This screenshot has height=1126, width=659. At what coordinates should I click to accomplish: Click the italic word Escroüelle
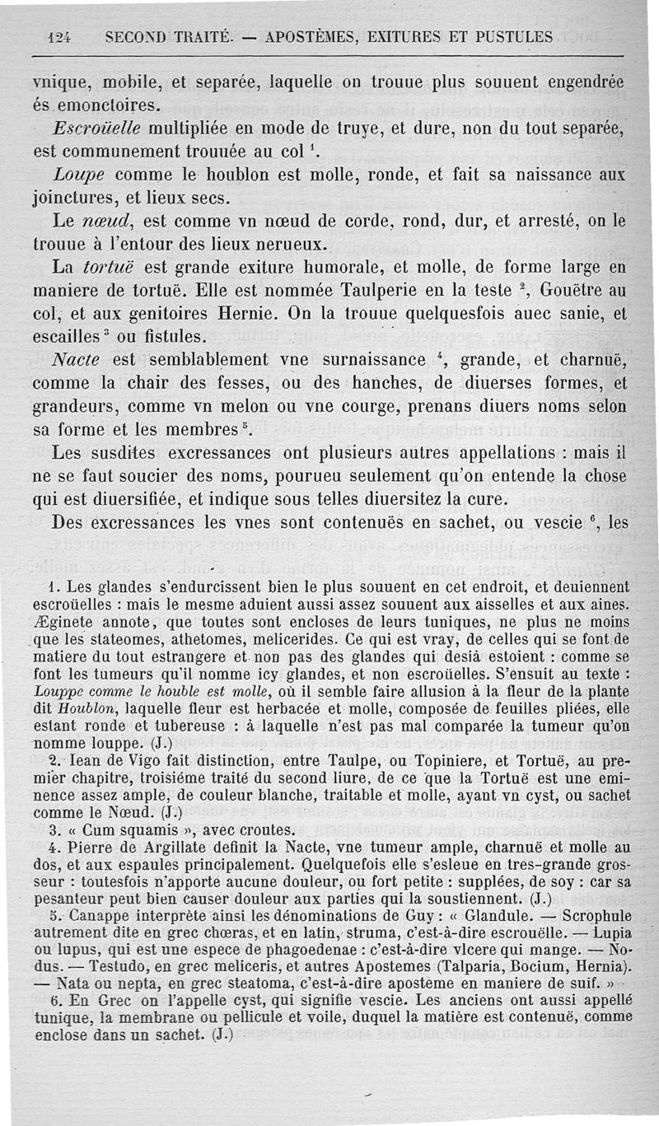(96, 129)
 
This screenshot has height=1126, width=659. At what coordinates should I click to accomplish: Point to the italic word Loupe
(78, 175)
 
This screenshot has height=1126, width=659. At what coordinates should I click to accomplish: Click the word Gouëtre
(577, 291)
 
